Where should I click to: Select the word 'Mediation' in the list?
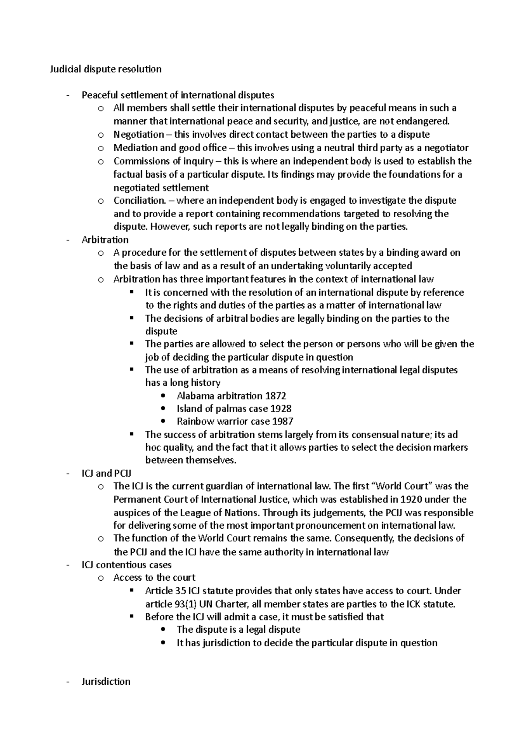pos(132,148)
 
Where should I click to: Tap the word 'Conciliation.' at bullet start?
pos(140,201)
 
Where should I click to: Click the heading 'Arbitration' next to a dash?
pos(105,240)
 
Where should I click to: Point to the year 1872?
pos(276,396)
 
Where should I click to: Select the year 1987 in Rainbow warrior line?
pos(283,422)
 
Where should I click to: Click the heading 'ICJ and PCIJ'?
pos(107,474)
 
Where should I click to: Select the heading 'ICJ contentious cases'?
pos(127,565)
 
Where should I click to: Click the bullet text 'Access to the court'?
pos(154,578)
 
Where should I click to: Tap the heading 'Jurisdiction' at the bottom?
pos(106,682)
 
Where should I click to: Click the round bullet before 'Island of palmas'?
pos(164,409)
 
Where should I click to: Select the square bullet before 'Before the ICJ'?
pos(132,617)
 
